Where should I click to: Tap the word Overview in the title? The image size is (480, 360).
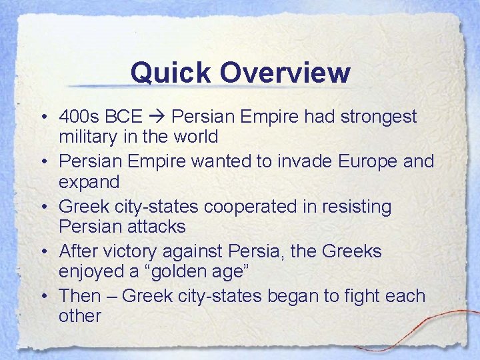tap(285, 73)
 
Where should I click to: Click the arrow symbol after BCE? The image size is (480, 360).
tap(157, 117)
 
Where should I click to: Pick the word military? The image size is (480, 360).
tap(90, 137)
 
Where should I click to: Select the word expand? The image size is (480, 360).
tap(89, 182)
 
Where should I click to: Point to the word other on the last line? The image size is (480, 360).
tap(79, 315)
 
